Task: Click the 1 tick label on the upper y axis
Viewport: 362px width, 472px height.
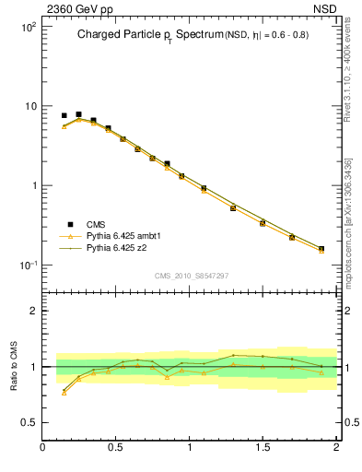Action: (x=33, y=186)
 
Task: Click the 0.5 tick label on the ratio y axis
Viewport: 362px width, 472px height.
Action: (x=29, y=421)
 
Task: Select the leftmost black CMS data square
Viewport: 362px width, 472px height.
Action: (x=64, y=116)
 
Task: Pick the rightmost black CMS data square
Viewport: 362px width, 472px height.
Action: (x=321, y=248)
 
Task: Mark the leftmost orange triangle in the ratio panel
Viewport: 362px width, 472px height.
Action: (x=64, y=393)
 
